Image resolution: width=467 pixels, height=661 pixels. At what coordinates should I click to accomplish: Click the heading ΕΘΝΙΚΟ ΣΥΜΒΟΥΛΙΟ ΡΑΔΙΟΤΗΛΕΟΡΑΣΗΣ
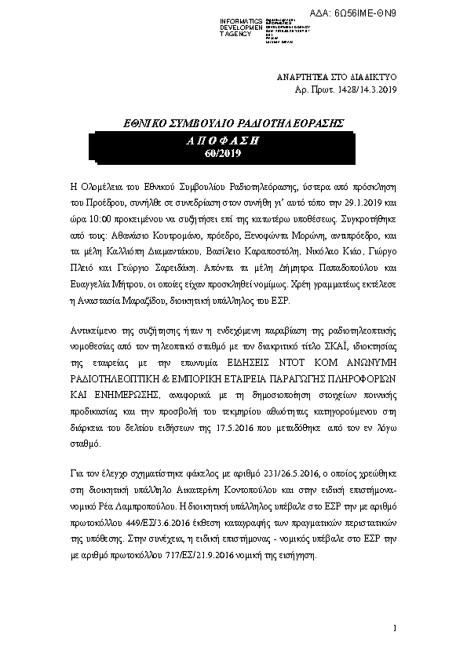[235, 124]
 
